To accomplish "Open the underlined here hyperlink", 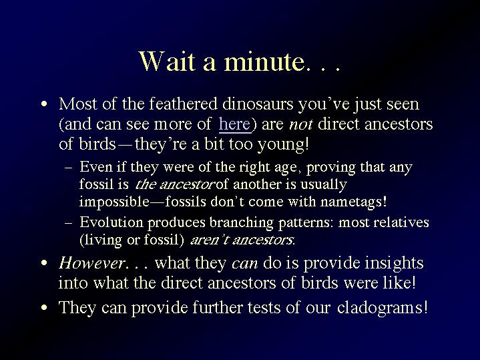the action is coord(234,124).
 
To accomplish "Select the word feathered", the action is coord(183,104).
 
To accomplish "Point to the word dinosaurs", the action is coord(258,104).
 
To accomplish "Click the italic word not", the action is coord(300,124).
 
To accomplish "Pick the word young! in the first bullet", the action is coord(283,144).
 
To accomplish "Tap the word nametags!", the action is coord(354,202).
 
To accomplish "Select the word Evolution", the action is coord(111,222).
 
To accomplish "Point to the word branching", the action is coord(241,222).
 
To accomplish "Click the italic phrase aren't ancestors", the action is coord(242,240).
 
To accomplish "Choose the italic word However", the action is coord(91,263).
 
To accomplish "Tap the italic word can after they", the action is coord(244,264).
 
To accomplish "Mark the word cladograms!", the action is coord(382,308).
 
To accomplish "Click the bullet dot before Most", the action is coord(44,104).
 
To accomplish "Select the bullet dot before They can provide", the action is coord(44,307).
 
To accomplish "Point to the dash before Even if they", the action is coord(69,168).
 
